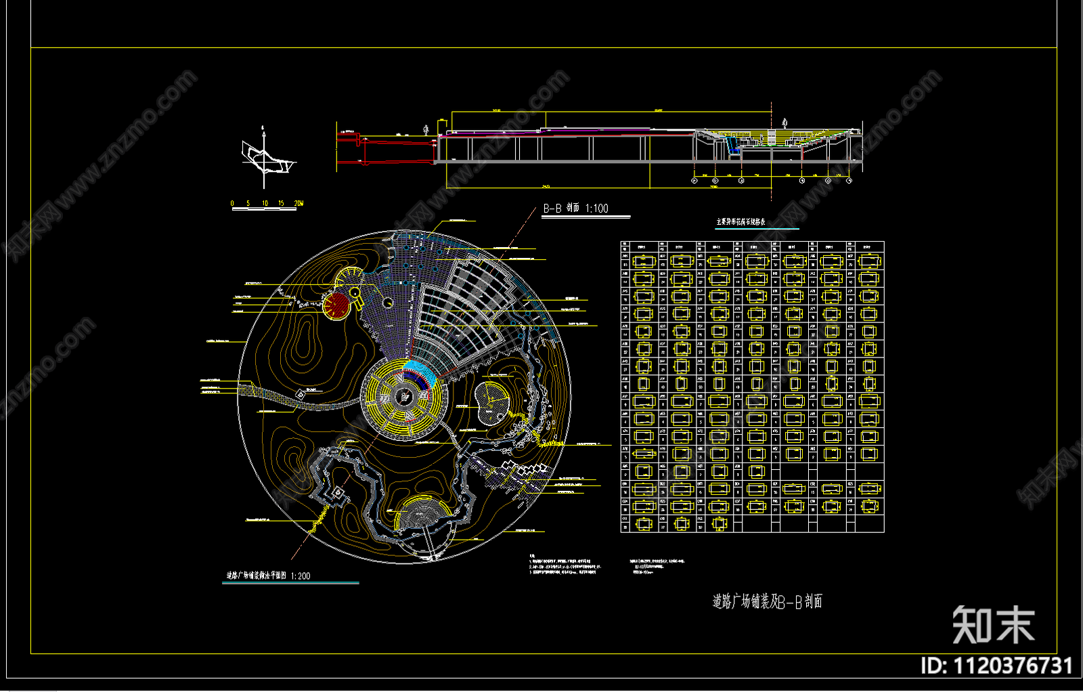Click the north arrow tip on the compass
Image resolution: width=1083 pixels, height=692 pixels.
(x=264, y=127)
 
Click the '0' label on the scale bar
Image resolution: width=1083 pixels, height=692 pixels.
(x=232, y=203)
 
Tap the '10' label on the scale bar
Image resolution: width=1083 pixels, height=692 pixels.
(x=265, y=203)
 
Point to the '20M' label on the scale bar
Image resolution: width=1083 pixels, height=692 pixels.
(x=298, y=203)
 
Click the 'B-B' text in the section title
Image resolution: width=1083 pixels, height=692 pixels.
(x=552, y=209)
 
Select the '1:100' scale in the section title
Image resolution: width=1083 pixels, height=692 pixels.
(x=596, y=209)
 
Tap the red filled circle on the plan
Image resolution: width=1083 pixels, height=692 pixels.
(x=336, y=305)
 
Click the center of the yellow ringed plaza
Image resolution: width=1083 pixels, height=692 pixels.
(x=403, y=397)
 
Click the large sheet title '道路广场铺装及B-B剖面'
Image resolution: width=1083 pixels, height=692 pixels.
(x=767, y=601)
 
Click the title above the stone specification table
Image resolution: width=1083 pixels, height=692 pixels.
(x=741, y=222)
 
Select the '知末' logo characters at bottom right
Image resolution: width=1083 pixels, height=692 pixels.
(x=993, y=624)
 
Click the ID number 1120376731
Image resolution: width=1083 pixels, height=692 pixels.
(x=1013, y=666)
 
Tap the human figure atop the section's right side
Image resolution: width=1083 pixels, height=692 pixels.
(x=784, y=123)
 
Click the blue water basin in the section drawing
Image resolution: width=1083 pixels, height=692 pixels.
(x=731, y=144)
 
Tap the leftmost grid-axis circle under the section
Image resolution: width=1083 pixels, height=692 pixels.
(x=694, y=181)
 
